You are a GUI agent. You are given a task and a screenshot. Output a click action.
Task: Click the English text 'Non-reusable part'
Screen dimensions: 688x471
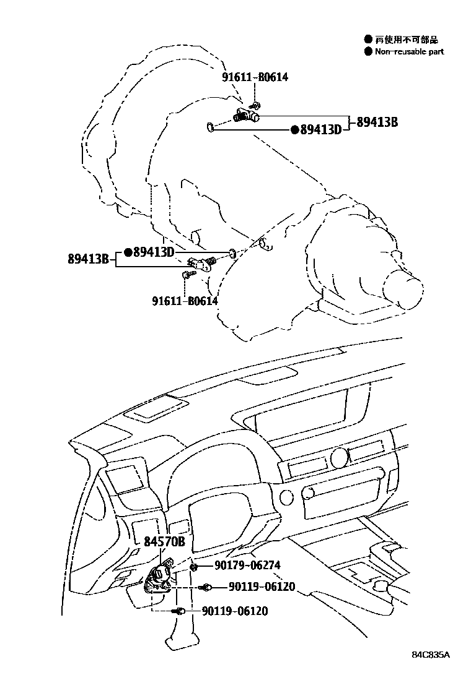(x=409, y=52)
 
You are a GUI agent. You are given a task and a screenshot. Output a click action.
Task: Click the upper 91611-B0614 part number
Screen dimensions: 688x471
(x=255, y=77)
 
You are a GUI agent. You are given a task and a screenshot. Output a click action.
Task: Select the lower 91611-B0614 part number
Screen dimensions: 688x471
(x=185, y=301)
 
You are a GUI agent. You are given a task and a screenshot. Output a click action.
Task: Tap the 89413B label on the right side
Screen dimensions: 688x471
(x=377, y=122)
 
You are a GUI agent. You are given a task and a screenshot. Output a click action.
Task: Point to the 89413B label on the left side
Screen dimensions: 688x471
(x=89, y=259)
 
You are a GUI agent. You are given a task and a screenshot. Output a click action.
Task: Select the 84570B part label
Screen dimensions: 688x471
(x=165, y=542)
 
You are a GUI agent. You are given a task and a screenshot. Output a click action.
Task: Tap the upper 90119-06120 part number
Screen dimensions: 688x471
(x=261, y=587)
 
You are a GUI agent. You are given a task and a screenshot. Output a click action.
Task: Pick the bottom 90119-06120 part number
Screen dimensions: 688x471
(x=235, y=611)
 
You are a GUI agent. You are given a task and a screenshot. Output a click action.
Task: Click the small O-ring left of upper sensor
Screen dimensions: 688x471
(x=211, y=128)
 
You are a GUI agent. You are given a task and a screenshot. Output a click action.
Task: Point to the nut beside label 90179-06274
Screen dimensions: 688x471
(x=195, y=566)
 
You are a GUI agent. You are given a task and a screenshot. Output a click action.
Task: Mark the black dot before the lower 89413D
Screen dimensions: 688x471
(x=128, y=252)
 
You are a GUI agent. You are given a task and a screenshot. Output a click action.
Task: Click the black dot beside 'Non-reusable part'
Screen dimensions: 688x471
(x=368, y=52)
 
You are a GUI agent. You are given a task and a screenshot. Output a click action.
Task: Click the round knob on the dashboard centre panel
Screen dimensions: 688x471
(x=339, y=457)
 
